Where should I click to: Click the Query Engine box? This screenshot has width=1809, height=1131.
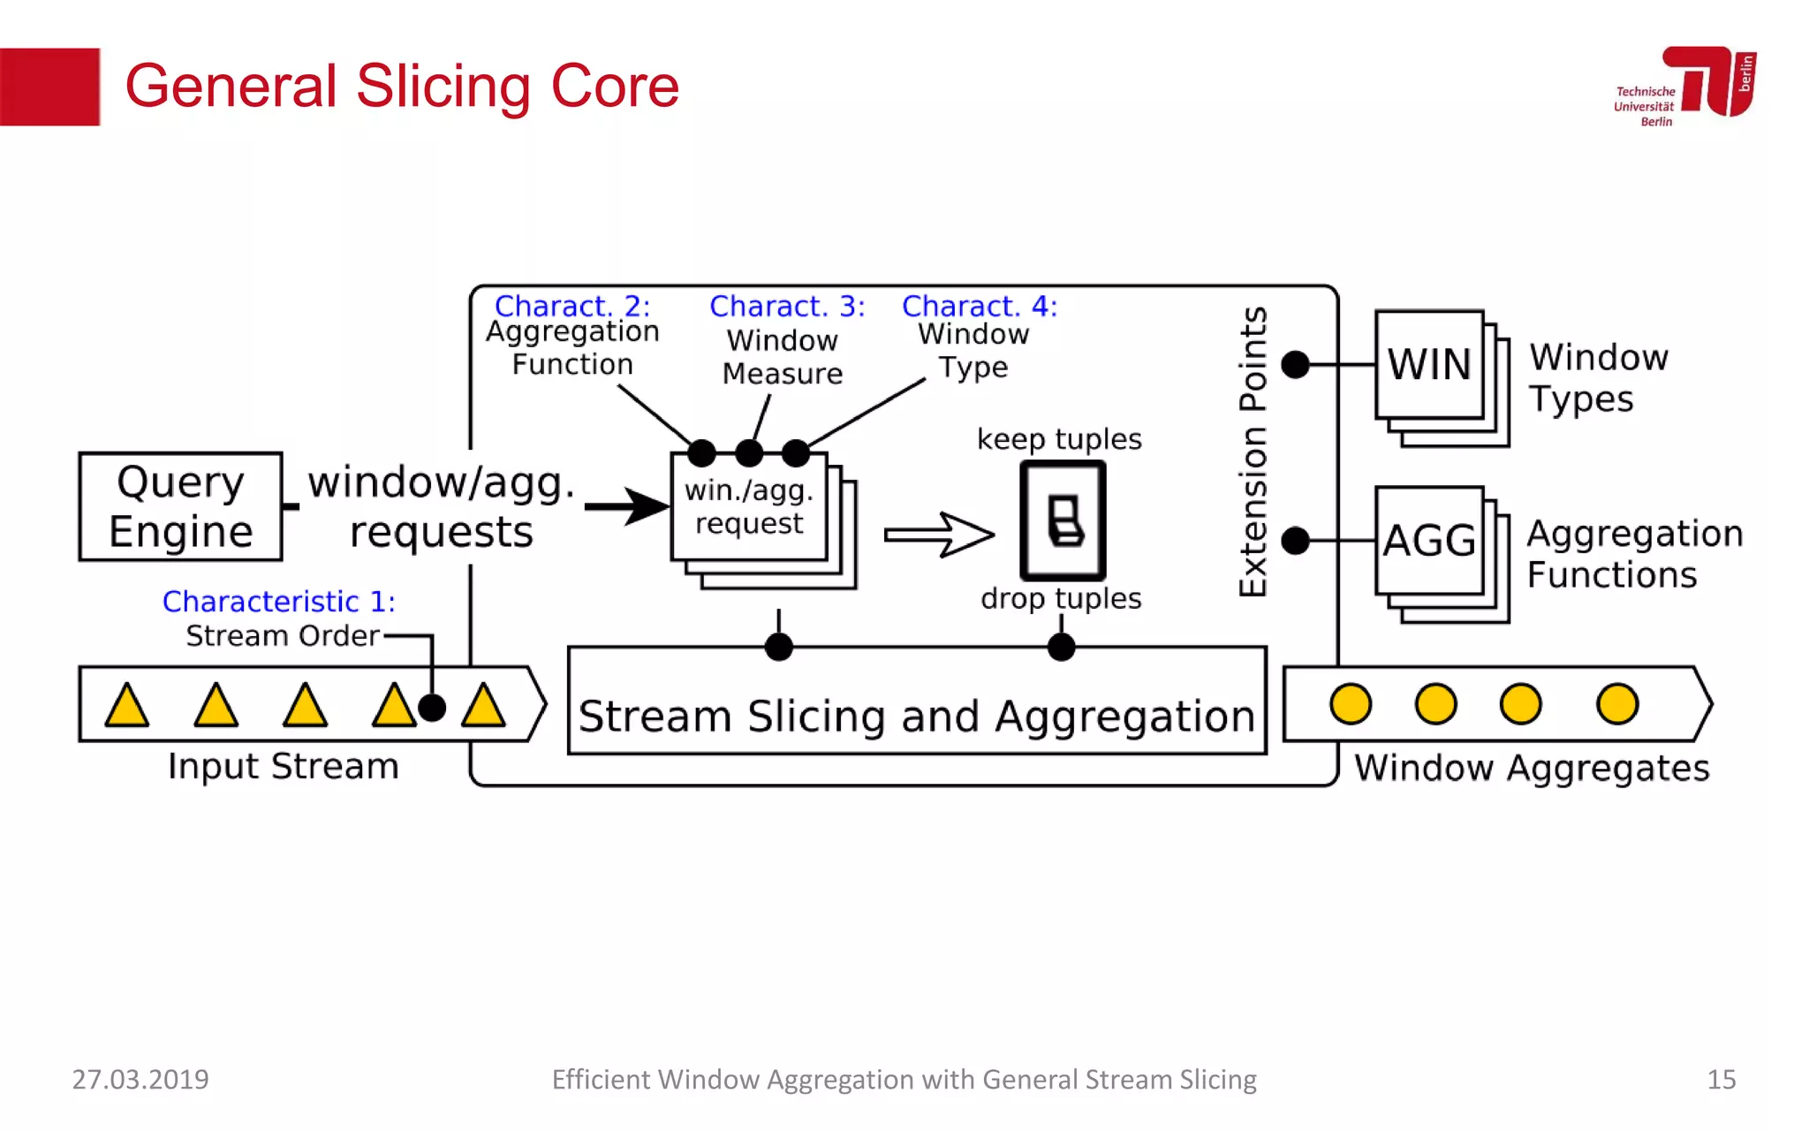click(180, 506)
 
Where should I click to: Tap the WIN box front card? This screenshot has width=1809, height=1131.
click(1428, 364)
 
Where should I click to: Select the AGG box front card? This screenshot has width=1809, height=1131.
click(1428, 540)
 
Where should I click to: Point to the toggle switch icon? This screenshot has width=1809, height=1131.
click(1063, 520)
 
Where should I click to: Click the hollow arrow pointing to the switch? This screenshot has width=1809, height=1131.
click(939, 534)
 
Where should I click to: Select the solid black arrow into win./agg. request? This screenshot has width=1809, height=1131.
click(626, 506)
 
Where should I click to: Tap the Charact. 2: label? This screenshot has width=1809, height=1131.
click(572, 306)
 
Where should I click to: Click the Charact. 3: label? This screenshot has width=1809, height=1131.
click(787, 306)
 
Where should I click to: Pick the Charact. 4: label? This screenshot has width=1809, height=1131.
click(979, 306)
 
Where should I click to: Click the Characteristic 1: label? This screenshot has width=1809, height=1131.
click(278, 601)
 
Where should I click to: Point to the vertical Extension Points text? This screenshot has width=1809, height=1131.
click(1253, 452)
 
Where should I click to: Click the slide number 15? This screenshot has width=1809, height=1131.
click(1721, 1079)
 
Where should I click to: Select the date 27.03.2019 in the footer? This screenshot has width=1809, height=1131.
click(140, 1079)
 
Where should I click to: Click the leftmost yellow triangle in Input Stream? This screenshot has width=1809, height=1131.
click(127, 706)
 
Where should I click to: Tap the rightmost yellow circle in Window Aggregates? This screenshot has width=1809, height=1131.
click(1617, 704)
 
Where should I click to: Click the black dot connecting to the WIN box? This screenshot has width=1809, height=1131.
click(1295, 364)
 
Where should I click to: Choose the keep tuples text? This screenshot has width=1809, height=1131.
click(1059, 439)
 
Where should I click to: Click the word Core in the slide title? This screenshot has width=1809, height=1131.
click(615, 87)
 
